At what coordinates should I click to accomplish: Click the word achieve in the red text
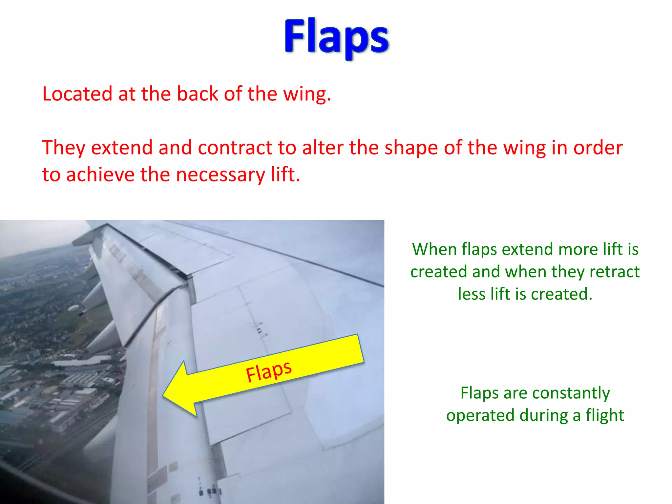[x=100, y=175]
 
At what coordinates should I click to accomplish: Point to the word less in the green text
[x=471, y=294]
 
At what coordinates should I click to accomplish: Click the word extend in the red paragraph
[x=122, y=148]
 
